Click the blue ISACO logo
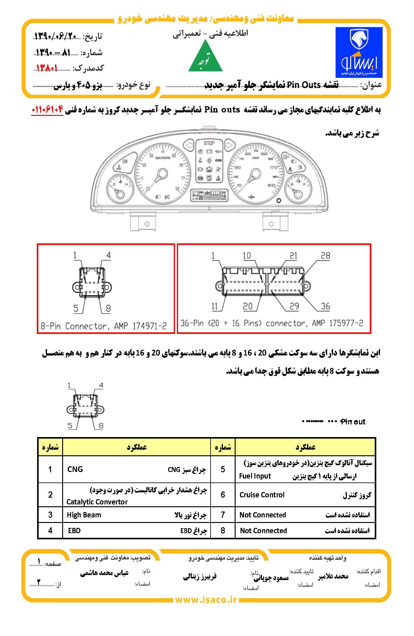359,52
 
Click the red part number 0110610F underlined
47,110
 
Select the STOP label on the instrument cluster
209,143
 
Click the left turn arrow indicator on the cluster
188,145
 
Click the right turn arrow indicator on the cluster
229,145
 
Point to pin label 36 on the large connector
325,306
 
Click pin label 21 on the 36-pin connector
293,256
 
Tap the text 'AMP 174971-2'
140,326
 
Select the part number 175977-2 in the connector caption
346,323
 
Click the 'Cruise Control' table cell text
262,495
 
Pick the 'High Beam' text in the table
84,515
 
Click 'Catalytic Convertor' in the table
97,502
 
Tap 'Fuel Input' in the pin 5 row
255,476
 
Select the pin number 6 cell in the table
223,495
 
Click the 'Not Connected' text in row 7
262,515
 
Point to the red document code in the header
47,68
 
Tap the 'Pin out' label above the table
352,422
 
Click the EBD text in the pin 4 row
74,531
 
